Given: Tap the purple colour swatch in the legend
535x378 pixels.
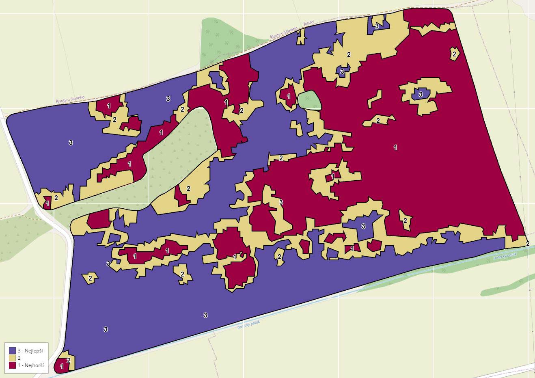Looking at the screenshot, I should [x=13, y=350].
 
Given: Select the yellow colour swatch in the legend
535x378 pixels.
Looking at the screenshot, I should [x=13, y=358].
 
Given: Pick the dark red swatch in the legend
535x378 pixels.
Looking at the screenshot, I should [x=13, y=365].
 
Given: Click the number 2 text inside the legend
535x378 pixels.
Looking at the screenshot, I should [x=19, y=358].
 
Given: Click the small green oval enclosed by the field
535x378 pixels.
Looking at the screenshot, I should [x=309, y=100].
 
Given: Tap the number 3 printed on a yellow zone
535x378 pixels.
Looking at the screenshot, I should [x=281, y=202].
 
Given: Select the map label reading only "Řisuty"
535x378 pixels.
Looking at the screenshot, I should [x=308, y=24].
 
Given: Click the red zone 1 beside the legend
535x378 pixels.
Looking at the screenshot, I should [x=61, y=365].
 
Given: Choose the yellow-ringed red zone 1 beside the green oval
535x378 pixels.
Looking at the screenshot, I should [x=288, y=96].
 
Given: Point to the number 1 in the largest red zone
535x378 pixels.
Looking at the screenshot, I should [x=395, y=147].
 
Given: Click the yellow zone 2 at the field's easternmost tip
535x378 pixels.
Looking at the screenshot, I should [x=526, y=244].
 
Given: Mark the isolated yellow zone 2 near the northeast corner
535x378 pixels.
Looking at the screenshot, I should [x=454, y=54].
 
